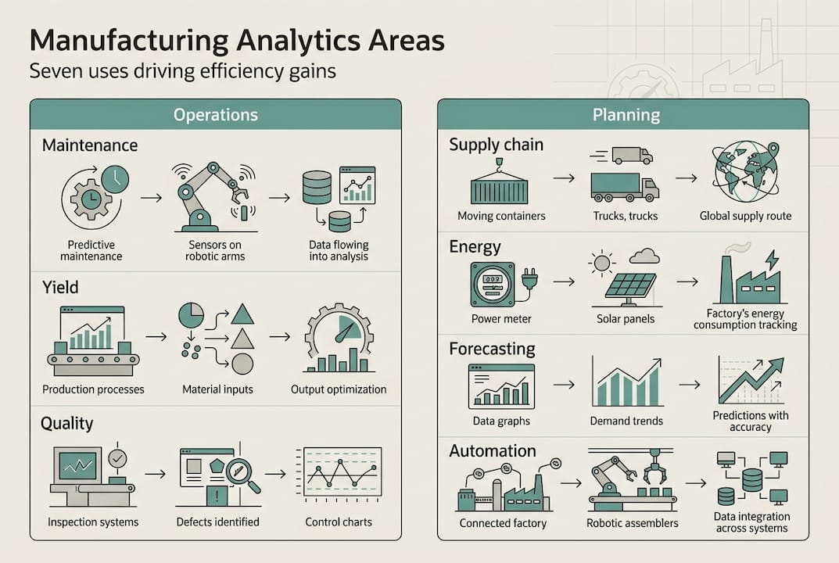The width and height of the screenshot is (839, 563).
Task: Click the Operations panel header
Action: coord(216,114)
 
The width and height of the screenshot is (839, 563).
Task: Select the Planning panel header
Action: coord(626,115)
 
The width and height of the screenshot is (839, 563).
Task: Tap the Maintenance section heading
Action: coord(90,145)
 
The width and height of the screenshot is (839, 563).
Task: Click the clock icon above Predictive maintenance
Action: coord(115,179)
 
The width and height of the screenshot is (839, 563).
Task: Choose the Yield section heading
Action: coord(60,287)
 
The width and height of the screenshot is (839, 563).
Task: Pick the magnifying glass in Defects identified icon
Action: coord(243,476)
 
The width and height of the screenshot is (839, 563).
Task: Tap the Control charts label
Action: coord(339,522)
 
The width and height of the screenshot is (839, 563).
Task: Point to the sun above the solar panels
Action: coord(603,262)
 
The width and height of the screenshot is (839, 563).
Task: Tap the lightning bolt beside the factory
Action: coord(770,260)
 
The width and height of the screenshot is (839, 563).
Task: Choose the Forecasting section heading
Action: coord(492,349)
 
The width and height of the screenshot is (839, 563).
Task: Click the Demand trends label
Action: coord(626,421)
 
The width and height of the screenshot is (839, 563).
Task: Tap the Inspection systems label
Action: coord(93,522)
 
